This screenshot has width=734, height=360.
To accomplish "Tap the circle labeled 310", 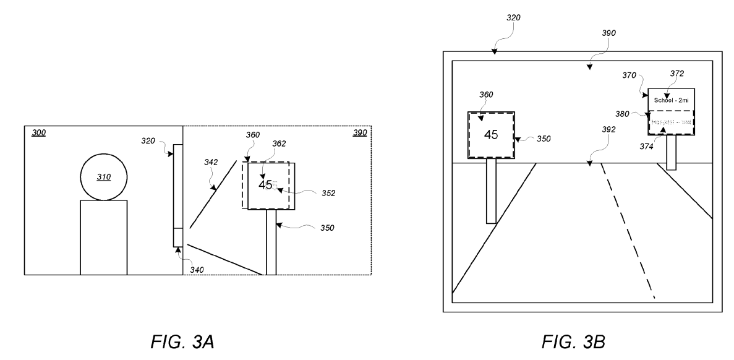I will coord(104,177).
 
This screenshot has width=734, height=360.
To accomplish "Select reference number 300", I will coord(38,133).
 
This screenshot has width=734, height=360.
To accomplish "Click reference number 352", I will coord(328,193).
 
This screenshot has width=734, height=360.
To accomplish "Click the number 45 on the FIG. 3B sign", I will coord(491,134).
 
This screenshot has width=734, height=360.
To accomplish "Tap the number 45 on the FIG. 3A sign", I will coord(265,184).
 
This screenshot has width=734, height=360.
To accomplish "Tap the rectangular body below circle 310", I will coord(104,237).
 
